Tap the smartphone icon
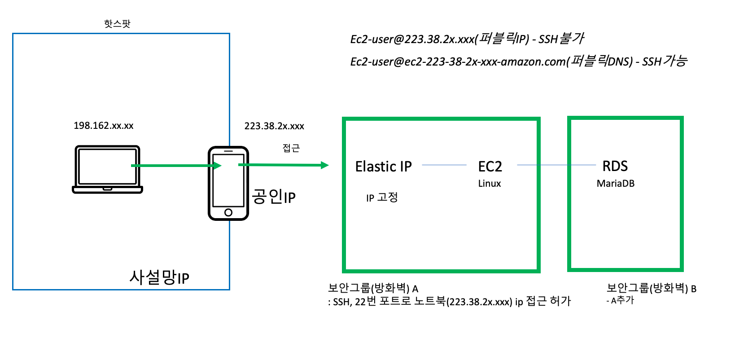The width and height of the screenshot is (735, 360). (x=228, y=183)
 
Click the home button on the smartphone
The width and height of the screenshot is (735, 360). (x=228, y=212)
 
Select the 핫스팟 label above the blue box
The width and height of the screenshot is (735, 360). (x=117, y=23)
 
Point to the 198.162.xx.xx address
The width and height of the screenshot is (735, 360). (x=104, y=126)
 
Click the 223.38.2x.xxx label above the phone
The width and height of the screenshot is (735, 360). (x=274, y=126)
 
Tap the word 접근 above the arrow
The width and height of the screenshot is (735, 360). (x=291, y=148)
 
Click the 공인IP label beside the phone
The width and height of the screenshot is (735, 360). (x=274, y=197)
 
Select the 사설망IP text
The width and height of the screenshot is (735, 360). (x=159, y=277)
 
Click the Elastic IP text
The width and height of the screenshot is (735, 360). (x=383, y=167)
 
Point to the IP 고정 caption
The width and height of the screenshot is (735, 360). (x=382, y=198)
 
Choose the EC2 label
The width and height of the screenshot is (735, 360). (x=490, y=167)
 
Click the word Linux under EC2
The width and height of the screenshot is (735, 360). (x=490, y=184)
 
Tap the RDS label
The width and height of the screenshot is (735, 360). (x=615, y=166)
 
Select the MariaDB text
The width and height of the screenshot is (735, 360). (x=616, y=184)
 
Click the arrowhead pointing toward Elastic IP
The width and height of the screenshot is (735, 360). (x=325, y=165)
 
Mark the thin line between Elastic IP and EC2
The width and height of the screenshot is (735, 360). (x=444, y=165)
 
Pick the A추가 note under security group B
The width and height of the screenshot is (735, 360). (x=622, y=300)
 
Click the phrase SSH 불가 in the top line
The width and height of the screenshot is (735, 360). (x=561, y=39)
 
